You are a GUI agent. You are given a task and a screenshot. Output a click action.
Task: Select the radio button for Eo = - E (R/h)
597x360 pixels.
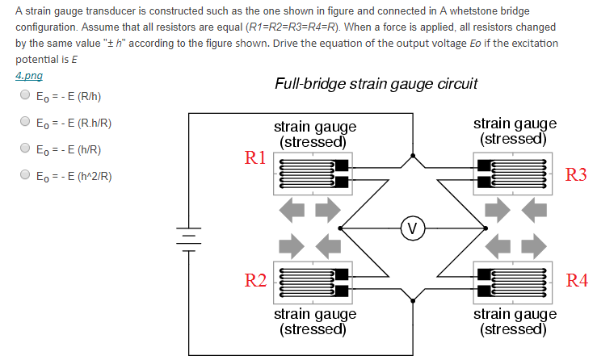pyautogui.click(x=24, y=96)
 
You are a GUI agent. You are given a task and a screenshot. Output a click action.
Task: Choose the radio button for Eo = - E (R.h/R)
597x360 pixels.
pyautogui.click(x=24, y=123)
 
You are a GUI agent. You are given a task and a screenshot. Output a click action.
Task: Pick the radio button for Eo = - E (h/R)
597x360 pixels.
pyautogui.click(x=24, y=149)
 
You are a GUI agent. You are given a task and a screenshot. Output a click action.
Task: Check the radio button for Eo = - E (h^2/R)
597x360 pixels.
pyautogui.click(x=24, y=175)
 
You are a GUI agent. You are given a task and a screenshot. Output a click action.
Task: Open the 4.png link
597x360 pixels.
pyautogui.click(x=29, y=75)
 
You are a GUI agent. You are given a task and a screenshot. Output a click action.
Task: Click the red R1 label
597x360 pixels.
pyautogui.click(x=255, y=157)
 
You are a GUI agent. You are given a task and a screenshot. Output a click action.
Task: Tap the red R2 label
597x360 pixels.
pyautogui.click(x=255, y=280)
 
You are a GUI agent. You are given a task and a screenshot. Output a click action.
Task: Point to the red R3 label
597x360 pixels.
pyautogui.click(x=577, y=174)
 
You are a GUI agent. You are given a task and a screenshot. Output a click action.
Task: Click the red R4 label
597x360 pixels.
pyautogui.click(x=577, y=280)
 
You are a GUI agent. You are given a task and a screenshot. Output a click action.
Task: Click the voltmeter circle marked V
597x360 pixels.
pyautogui.click(x=413, y=228)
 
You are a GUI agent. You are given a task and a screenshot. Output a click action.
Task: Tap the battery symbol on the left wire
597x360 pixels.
pyautogui.click(x=189, y=237)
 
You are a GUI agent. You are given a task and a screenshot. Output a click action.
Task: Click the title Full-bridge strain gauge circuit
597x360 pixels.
pyautogui.click(x=376, y=83)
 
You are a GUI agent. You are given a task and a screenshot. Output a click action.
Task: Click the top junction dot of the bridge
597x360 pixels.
pyautogui.click(x=413, y=155)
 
